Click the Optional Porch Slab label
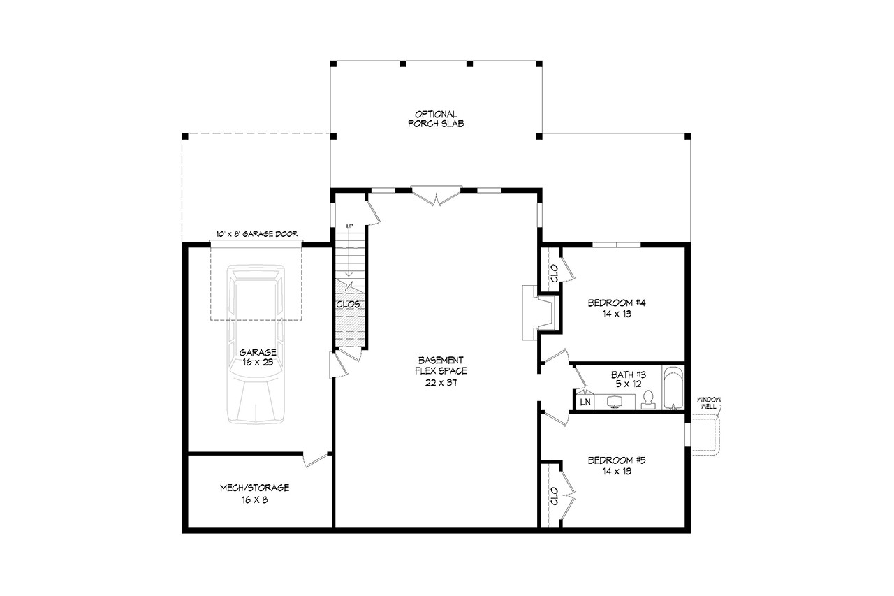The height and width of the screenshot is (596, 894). point(436,119)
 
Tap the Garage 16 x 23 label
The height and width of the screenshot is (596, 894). point(258,357)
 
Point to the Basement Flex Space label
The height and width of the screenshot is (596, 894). point(438,371)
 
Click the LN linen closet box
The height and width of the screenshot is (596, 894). point(584,402)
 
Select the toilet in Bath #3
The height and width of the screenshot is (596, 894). point(648,400)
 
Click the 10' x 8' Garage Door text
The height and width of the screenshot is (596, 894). point(257,235)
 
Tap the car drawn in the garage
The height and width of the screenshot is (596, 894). point(256,342)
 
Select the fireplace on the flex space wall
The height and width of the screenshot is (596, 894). point(540,312)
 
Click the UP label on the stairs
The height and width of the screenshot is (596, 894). point(350,226)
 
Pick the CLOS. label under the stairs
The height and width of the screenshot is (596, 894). point(349,305)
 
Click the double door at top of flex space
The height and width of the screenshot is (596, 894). point(436,195)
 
